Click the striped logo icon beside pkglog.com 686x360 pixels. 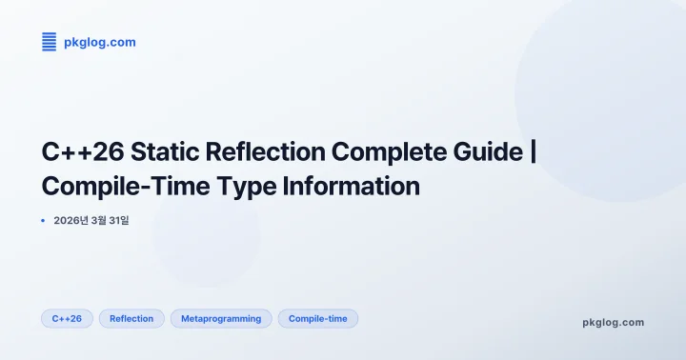coord(49,41)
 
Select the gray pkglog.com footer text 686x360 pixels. coord(613,322)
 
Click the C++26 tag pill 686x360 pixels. coord(67,318)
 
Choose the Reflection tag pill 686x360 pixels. coord(131,318)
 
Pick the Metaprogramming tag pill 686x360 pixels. coord(221,318)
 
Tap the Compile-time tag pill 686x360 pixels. coord(317,318)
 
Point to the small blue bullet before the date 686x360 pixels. coord(43,221)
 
